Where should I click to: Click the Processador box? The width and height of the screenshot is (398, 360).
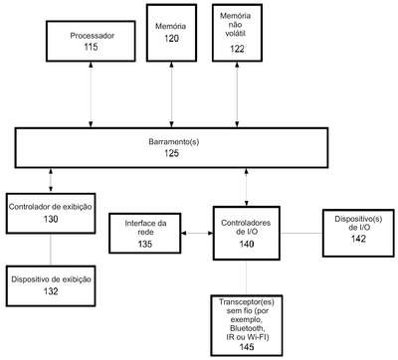[x=91, y=41]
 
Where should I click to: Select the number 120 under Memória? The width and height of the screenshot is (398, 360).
[x=171, y=39]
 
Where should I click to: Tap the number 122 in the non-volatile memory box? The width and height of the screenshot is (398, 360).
[x=237, y=49]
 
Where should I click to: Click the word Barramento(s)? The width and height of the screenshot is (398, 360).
[x=174, y=142]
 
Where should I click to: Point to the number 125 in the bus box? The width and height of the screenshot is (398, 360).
[x=171, y=153]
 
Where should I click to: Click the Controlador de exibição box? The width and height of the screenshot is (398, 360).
[x=51, y=214]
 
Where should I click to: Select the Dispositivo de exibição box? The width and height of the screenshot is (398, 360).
[x=51, y=285]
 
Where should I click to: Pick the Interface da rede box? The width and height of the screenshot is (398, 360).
[x=145, y=234]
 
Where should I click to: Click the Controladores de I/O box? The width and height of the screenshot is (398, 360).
[x=247, y=233]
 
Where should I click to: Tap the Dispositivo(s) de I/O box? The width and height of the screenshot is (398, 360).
[x=358, y=233]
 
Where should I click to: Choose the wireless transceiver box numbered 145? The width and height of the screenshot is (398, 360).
[x=247, y=325]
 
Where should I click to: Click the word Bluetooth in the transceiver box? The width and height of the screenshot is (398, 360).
[x=247, y=329]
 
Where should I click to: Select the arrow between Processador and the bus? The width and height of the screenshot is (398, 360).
[x=91, y=94]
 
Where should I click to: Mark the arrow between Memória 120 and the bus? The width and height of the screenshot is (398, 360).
[x=171, y=94]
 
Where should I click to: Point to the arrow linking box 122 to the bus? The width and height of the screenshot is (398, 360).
[x=237, y=94]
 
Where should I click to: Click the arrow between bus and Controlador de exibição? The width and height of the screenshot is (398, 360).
[x=51, y=181]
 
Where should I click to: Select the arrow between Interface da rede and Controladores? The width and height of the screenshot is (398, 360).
[x=197, y=233]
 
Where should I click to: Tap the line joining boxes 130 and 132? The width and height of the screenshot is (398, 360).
[x=51, y=250]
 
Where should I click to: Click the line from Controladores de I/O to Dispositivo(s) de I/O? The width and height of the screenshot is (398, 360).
[x=301, y=233]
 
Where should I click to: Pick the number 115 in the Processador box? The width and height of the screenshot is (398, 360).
[x=91, y=47]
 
